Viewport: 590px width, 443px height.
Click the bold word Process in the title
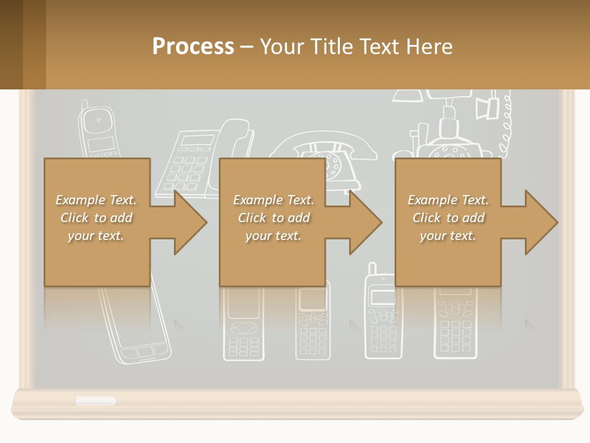tap(193, 46)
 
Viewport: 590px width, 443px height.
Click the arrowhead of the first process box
tap(191, 222)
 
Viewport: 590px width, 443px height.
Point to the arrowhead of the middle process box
tap(366, 222)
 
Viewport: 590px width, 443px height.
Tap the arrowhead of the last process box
tap(541, 222)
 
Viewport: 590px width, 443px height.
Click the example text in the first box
tap(96, 218)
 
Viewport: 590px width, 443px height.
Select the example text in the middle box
tap(273, 218)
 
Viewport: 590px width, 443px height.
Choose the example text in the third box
tap(448, 218)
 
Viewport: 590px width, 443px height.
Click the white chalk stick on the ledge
tap(95, 401)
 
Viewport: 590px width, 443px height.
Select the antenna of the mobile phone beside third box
tap(372, 269)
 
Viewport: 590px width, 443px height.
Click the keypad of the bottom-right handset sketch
tap(455, 332)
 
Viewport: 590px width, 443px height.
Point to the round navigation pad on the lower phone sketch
tap(244, 327)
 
